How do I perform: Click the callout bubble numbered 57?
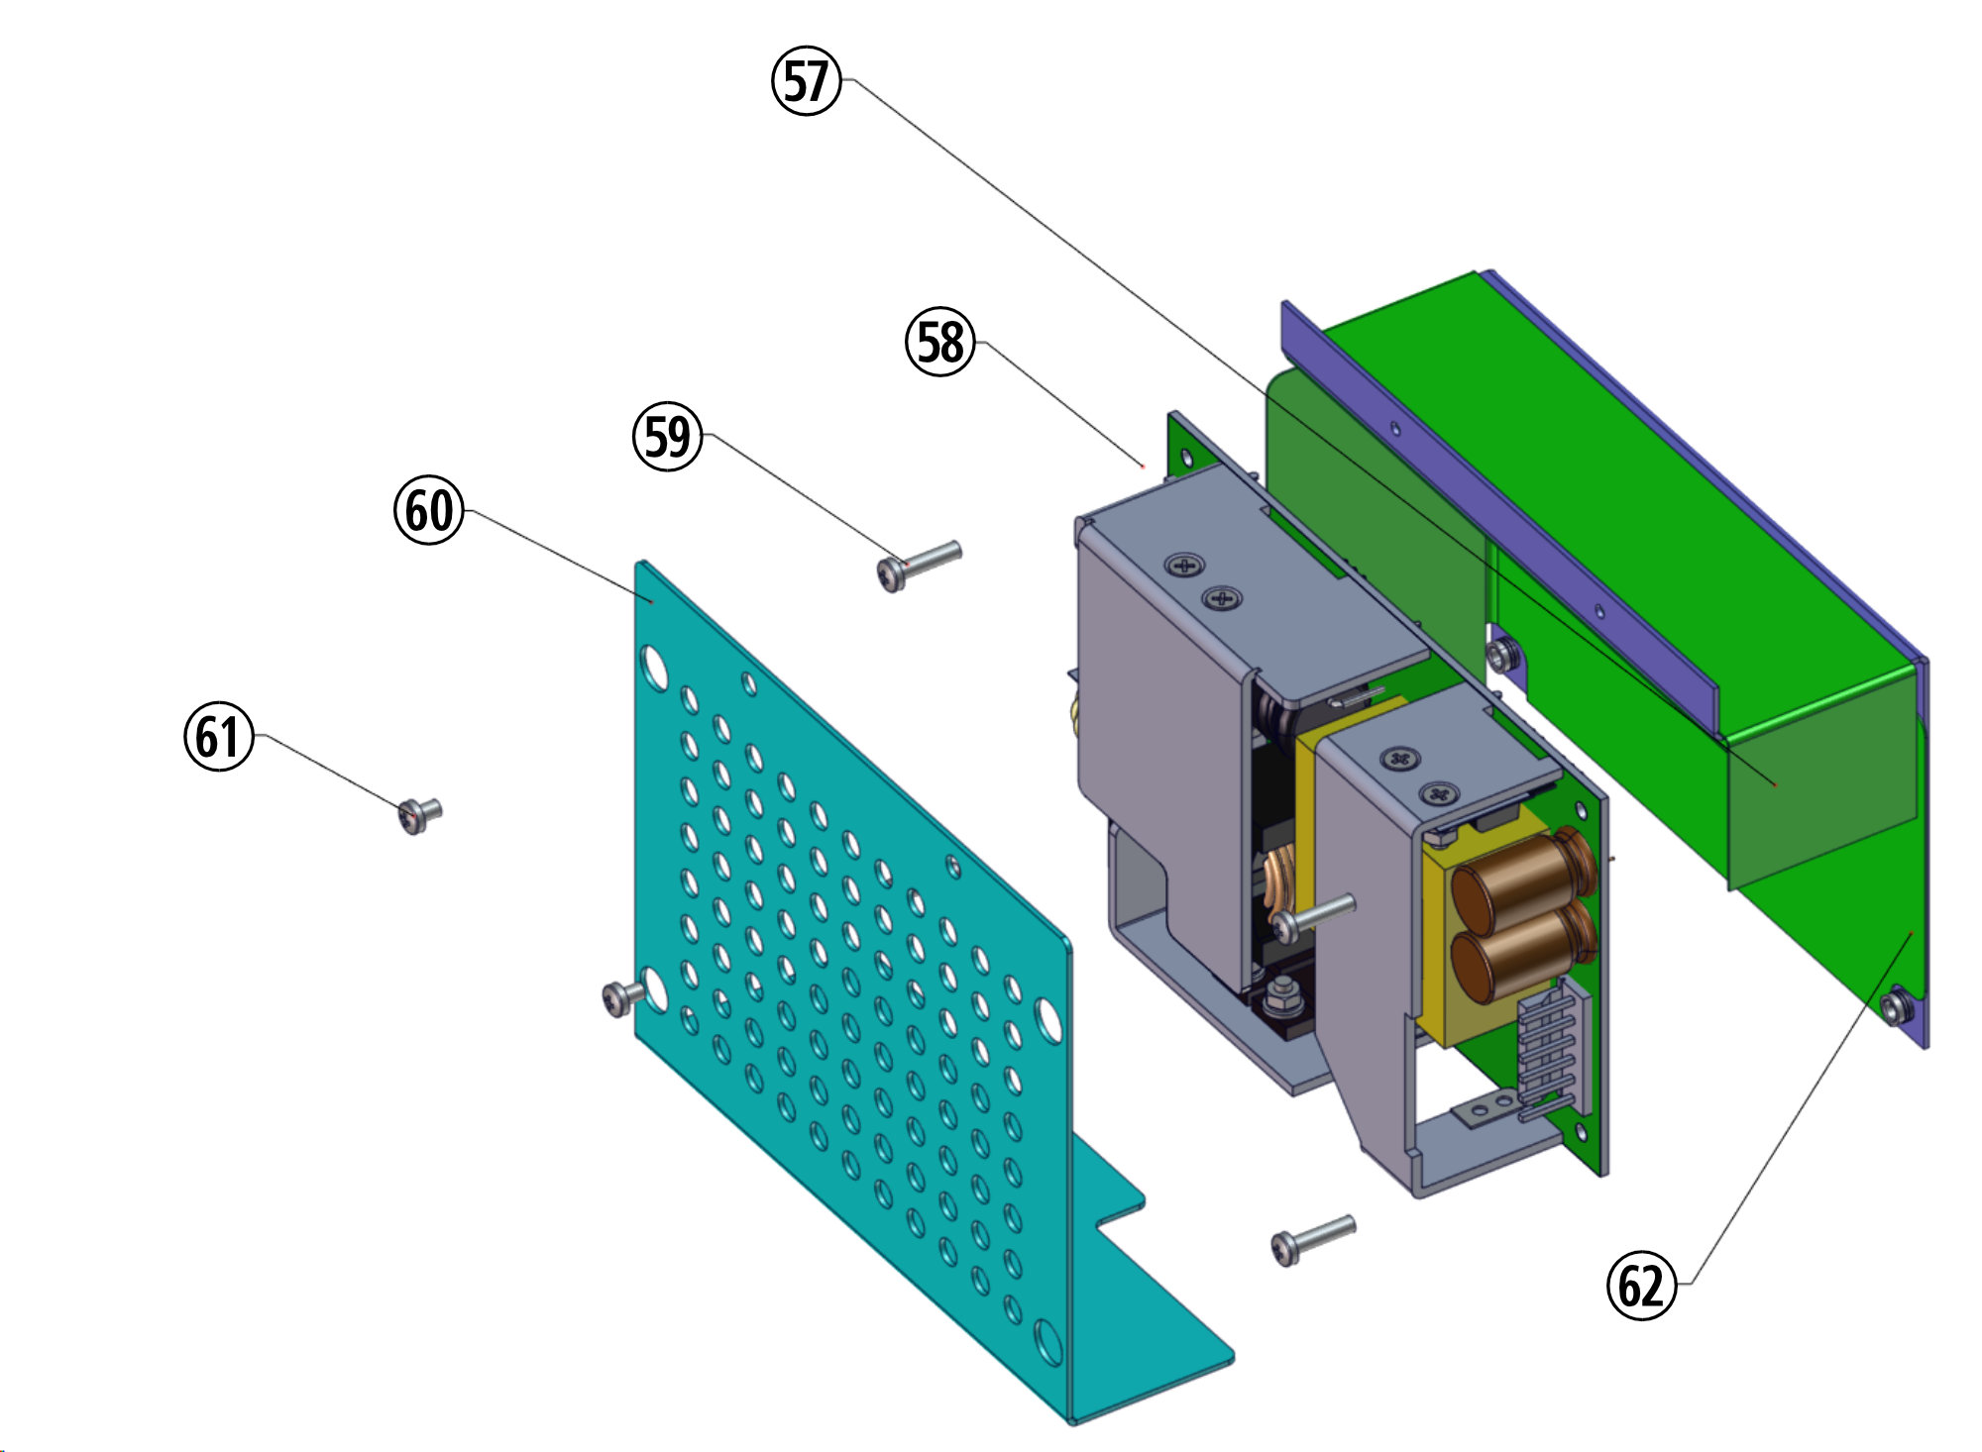pos(807,80)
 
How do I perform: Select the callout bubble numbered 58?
pos(940,342)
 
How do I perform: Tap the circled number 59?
pos(668,437)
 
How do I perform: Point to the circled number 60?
pos(429,511)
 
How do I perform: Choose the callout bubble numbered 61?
pos(219,737)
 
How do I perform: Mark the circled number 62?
pos(1641,1286)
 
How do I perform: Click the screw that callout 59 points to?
pos(919,565)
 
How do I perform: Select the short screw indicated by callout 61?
pos(419,815)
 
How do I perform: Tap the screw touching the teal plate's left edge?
pos(621,996)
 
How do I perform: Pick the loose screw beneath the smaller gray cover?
pos(1312,1239)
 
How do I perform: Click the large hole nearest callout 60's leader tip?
pos(655,667)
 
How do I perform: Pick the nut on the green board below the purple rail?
pos(1503,653)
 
